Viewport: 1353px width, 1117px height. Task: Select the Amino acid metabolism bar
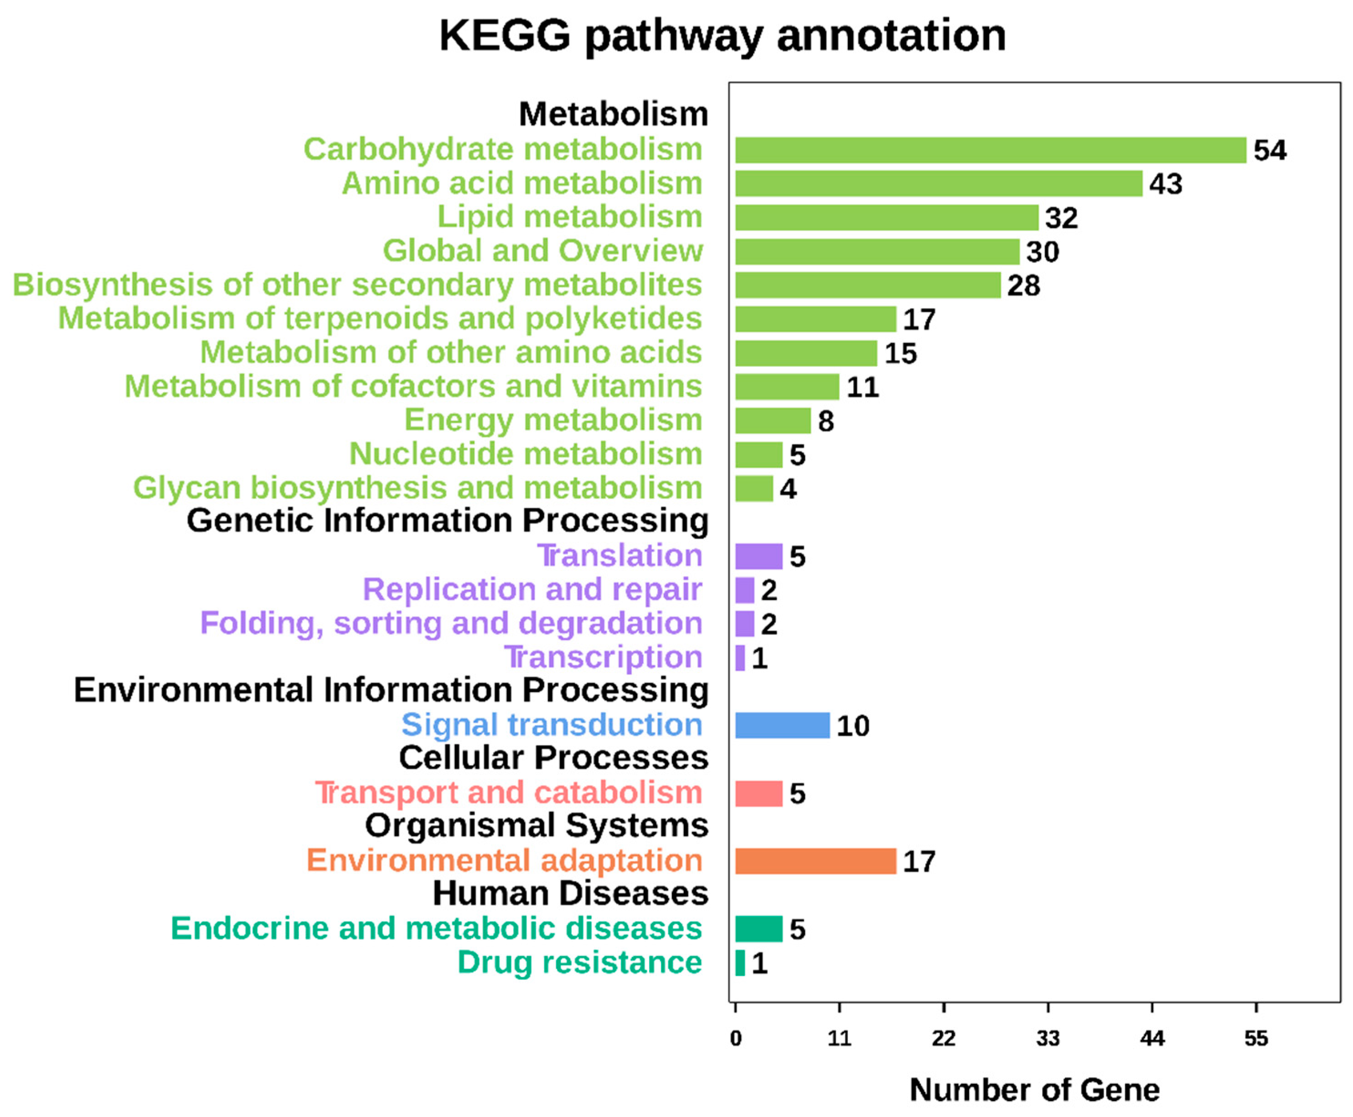coord(938,183)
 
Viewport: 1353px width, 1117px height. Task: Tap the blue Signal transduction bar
coord(782,725)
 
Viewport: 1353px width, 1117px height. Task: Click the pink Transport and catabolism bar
coord(759,793)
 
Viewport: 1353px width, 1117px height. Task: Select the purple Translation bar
coord(759,556)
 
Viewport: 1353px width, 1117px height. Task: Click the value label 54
coord(1270,150)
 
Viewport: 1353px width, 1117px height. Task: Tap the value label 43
coord(1165,185)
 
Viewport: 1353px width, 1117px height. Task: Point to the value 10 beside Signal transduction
coord(852,726)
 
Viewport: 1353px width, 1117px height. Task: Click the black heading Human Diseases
coord(570,893)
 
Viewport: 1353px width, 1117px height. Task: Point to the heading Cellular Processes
coord(553,757)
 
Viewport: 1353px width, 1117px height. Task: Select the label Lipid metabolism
coord(569,217)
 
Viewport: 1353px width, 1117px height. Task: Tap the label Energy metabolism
coord(553,420)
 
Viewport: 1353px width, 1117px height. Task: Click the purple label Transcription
coord(603,657)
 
